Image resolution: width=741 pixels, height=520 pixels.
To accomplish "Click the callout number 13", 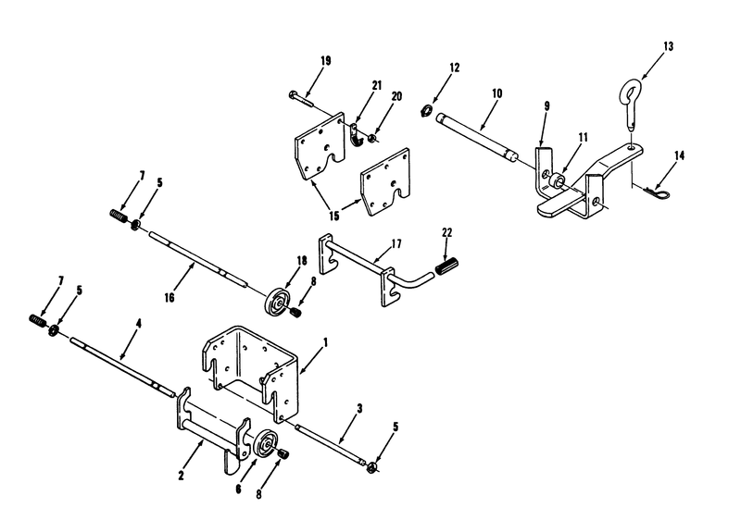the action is pos(668,46).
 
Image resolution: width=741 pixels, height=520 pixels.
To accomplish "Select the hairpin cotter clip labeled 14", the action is pos(656,192).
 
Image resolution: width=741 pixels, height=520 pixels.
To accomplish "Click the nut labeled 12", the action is pos(426,111).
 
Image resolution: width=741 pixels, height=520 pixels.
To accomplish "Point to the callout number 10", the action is pos(496,93).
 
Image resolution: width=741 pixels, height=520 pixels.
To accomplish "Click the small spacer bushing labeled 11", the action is pos(556,180).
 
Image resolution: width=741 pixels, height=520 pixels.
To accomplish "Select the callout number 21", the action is pos(377,85).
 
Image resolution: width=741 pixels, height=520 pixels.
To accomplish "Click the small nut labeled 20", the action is pos(373,138).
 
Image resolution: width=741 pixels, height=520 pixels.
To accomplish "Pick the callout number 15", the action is pos(334,216).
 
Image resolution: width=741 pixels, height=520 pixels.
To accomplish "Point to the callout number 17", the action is pos(396,243).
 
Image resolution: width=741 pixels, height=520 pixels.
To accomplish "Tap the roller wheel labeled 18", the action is pos(276,301).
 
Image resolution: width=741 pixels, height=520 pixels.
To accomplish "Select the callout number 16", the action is pos(170,297).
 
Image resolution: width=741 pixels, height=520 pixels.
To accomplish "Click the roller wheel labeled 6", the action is pos(265,443).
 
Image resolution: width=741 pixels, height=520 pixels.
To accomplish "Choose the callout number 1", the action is pos(325,342).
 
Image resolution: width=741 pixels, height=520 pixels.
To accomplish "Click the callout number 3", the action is pos(359,409).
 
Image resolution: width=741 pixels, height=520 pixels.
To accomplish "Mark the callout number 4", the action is pos(138,323).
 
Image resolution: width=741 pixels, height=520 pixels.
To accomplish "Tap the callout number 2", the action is pos(181,476).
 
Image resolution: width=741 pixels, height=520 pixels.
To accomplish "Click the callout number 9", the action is pos(546,106).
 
